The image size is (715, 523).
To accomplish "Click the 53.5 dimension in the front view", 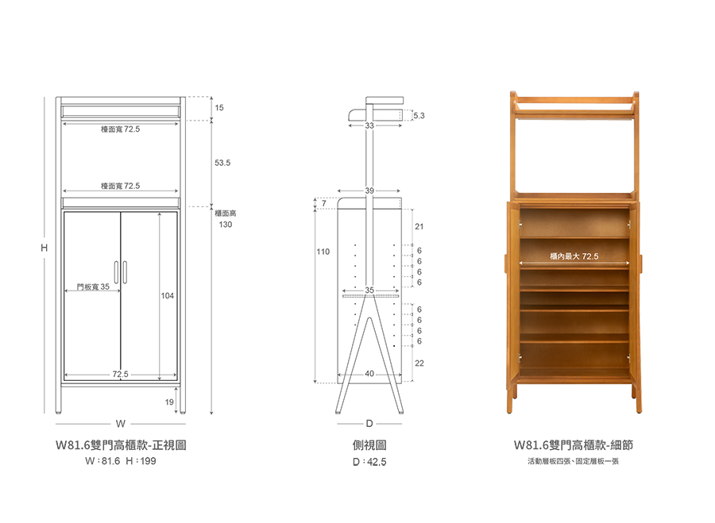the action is (x=222, y=163).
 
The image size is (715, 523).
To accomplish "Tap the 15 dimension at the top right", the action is (x=219, y=107).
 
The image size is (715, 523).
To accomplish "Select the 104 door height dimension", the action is (x=168, y=296).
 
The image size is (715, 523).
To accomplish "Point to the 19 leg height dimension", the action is (x=169, y=402).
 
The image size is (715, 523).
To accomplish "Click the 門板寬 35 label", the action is (x=93, y=286).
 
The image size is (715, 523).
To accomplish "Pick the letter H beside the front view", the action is (x=44, y=248).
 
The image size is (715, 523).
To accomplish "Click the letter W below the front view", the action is (x=121, y=424).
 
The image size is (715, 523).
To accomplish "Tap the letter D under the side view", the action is (x=369, y=424).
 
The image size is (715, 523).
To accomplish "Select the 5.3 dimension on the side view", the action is (x=419, y=116).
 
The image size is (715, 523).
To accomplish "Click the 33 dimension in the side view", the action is (x=369, y=125).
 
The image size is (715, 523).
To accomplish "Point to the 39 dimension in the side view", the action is (x=369, y=190).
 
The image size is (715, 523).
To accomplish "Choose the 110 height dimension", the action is (x=323, y=252).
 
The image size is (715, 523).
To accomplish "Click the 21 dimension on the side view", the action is (x=419, y=226).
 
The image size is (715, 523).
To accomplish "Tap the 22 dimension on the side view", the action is (x=419, y=363).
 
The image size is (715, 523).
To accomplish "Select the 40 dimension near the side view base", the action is (x=369, y=374).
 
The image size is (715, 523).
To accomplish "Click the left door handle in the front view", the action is (x=116, y=272).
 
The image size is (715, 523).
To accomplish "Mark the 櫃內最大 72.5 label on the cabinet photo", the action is (x=574, y=256).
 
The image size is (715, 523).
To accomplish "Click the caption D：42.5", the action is (x=369, y=462).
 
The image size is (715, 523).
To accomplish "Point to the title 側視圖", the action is (x=369, y=445).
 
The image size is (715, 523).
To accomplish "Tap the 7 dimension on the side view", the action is (x=324, y=203).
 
